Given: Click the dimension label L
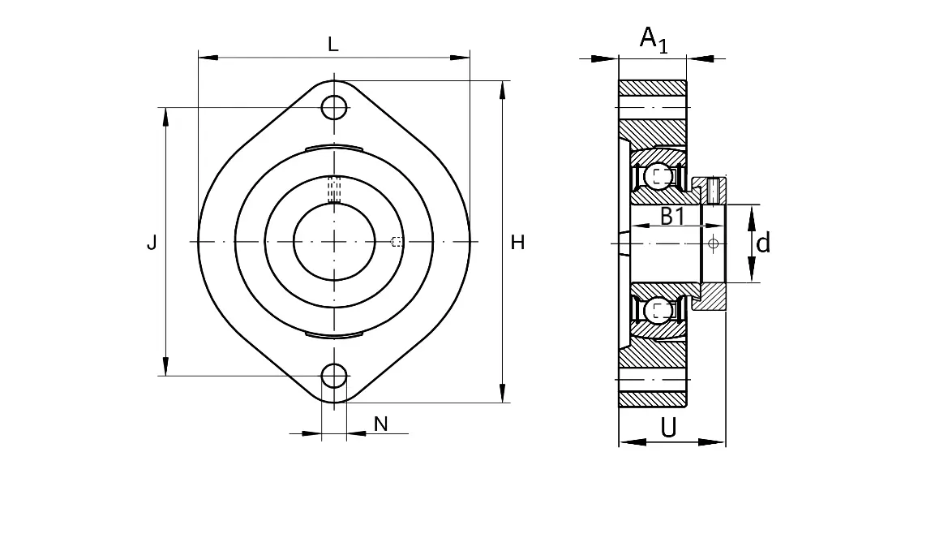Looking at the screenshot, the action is click(x=332, y=44).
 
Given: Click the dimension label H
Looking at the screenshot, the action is click(x=517, y=243).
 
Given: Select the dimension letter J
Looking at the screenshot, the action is click(x=152, y=243).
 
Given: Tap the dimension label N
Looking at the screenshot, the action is click(x=380, y=424).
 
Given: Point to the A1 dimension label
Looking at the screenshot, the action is click(x=654, y=40).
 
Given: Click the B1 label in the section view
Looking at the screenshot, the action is click(x=672, y=216).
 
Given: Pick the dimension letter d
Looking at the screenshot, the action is click(x=763, y=243).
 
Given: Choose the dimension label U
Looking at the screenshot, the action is click(x=668, y=428).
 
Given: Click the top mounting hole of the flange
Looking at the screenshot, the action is click(x=334, y=108).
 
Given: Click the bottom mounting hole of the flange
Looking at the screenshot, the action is click(x=334, y=377).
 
